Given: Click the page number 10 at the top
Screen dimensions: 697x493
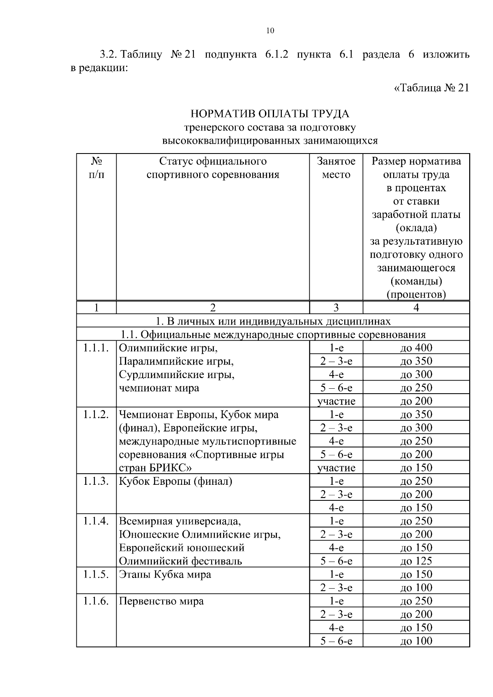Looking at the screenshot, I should click(270, 31).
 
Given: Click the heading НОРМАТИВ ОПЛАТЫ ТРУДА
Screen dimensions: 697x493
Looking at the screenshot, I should click(270, 113).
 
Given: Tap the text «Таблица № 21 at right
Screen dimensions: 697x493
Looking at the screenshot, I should click(431, 88).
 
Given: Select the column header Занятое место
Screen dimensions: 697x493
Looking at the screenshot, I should click(336, 167).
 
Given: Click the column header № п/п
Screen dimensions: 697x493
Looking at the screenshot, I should click(96, 167).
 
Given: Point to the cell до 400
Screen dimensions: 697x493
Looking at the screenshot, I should click(416, 348).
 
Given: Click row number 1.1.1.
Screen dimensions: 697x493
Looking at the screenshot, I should click(96, 348).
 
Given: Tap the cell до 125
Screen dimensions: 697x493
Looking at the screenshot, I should click(416, 561).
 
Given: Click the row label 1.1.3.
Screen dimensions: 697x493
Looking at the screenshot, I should click(96, 481).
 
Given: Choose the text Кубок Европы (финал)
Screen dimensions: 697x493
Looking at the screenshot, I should click(175, 481).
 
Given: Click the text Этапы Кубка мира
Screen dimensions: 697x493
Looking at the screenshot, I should click(165, 574).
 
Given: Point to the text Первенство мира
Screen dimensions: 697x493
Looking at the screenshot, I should click(161, 601).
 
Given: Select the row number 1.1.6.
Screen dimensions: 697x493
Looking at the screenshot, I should click(96, 601).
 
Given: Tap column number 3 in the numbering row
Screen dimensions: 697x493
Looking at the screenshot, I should click(336, 308).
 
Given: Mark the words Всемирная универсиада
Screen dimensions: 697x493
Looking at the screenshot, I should click(180, 521).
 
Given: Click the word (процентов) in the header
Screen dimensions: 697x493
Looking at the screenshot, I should click(416, 294).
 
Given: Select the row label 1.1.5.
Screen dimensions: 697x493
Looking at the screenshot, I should click(96, 574).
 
